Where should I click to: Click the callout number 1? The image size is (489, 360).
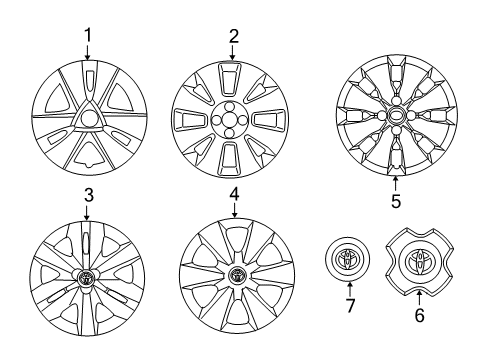pyautogui.click(x=88, y=37)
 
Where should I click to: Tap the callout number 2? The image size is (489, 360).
pyautogui.click(x=234, y=37)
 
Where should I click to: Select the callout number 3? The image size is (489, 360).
pyautogui.click(x=88, y=194)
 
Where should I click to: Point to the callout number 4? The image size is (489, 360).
pyautogui.click(x=234, y=194)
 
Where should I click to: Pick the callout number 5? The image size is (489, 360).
pyautogui.click(x=396, y=200)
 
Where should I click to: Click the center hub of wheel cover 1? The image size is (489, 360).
pyautogui.click(x=88, y=119)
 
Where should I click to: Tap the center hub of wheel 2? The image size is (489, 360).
pyautogui.click(x=233, y=118)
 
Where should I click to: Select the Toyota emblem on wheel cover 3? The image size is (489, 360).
pyautogui.click(x=88, y=276)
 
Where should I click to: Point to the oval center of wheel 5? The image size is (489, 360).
pyautogui.click(x=397, y=116)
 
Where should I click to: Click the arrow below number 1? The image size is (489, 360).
pyautogui.click(x=88, y=53)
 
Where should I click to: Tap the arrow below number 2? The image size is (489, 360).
pyautogui.click(x=234, y=52)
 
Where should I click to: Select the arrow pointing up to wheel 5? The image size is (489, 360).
pyautogui.click(x=396, y=183)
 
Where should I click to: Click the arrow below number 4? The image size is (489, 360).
pyautogui.click(x=234, y=210)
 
